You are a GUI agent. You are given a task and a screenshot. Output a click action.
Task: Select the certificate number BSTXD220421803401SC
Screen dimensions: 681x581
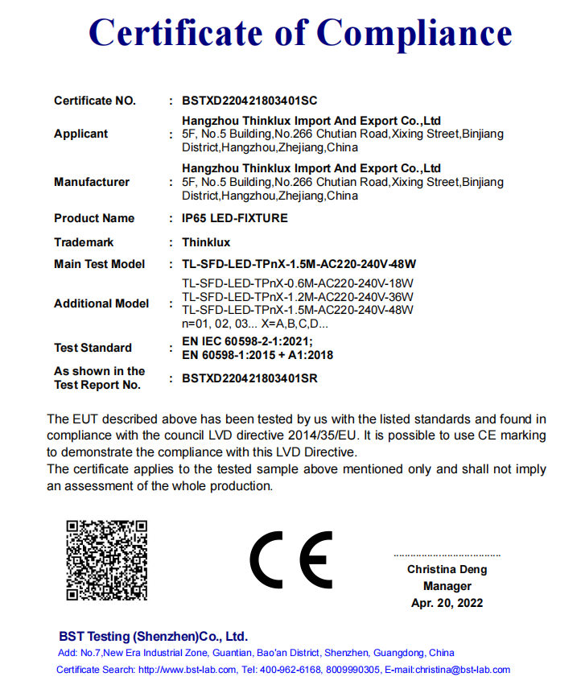click(249, 101)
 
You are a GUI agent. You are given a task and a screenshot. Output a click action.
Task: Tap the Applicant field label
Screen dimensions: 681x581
click(80, 134)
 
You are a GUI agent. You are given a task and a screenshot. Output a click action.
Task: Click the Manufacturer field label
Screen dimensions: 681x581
click(92, 183)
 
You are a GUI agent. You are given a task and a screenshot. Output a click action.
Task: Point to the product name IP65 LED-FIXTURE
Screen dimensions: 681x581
click(235, 218)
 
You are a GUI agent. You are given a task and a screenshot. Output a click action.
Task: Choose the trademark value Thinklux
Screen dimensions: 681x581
click(206, 242)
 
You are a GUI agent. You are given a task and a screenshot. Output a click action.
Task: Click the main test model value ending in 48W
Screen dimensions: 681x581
click(299, 264)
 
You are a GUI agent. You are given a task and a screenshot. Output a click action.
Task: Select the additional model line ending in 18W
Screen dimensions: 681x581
click(298, 283)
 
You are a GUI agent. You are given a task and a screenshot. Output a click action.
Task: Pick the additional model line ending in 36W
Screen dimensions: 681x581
click(298, 296)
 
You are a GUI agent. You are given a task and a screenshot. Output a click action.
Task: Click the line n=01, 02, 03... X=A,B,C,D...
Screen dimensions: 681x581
click(255, 324)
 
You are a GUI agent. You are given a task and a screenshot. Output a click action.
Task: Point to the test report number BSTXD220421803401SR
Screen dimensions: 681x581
click(249, 378)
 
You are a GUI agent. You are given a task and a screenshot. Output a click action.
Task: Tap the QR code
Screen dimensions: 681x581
click(107, 559)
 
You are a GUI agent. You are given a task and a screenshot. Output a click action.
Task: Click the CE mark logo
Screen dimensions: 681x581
click(290, 560)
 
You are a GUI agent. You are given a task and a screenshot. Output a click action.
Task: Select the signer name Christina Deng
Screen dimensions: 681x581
click(447, 570)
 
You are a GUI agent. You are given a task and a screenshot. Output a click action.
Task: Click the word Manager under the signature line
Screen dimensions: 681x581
click(447, 587)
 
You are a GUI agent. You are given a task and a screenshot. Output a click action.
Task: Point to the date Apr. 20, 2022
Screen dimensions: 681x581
click(447, 603)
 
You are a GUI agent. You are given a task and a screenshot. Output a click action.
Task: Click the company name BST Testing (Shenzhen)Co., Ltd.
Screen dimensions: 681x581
click(153, 636)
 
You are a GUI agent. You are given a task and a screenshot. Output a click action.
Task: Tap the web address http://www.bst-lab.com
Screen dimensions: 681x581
click(187, 670)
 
